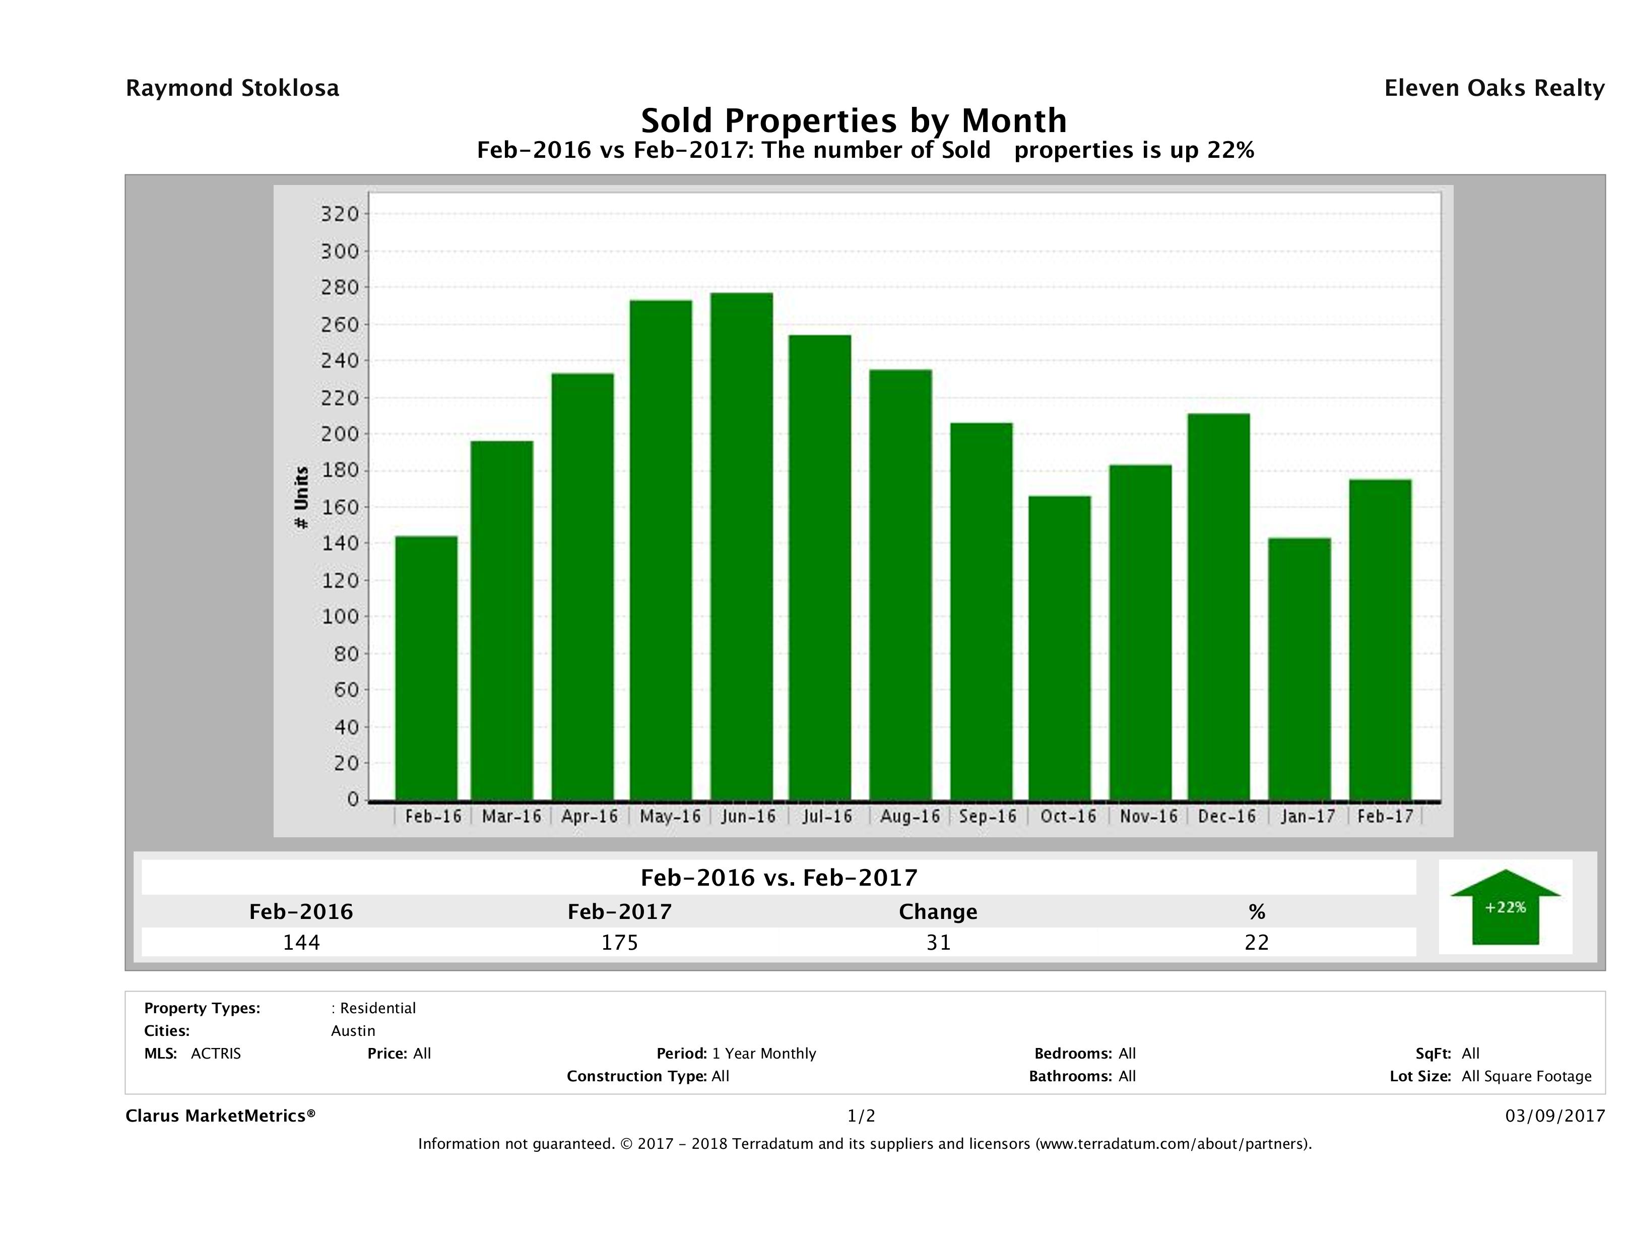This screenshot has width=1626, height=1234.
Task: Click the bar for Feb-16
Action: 426,668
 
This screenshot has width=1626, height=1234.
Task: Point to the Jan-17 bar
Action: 1299,669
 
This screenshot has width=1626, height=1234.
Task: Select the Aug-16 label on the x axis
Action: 909,816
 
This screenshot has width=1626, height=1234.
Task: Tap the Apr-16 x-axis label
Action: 590,816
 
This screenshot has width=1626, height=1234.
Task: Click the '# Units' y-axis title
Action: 301,498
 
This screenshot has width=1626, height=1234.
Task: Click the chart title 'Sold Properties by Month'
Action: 854,120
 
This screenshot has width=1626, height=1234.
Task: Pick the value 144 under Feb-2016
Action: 301,942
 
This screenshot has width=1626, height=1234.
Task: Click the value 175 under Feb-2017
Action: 620,942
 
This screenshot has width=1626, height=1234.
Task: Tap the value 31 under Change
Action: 938,942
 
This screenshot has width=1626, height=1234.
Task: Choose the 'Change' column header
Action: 938,912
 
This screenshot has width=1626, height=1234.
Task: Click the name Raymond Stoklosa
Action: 232,88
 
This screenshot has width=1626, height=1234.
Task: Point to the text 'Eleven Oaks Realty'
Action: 1493,88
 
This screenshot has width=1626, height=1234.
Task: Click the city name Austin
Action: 353,1031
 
